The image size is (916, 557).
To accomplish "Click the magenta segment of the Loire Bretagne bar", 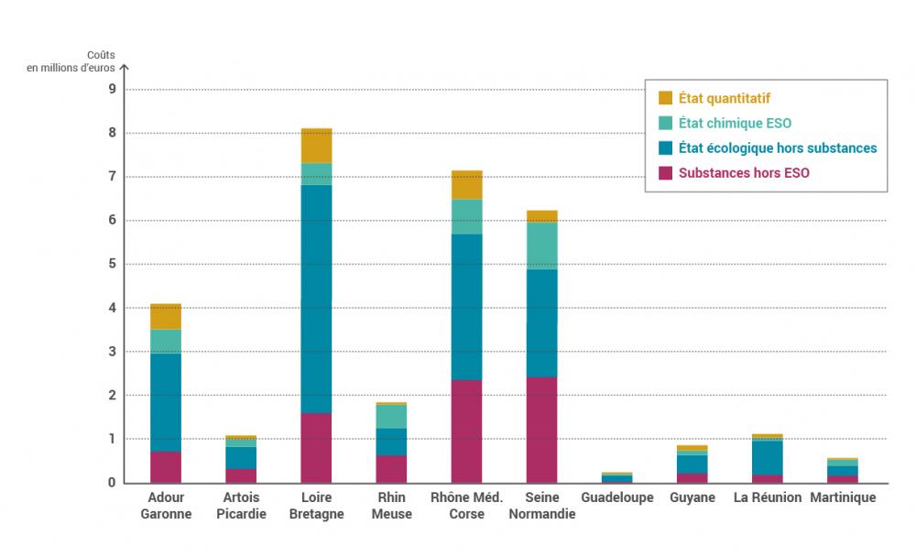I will pos(316,447).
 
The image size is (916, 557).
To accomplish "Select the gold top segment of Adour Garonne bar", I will pos(166,316).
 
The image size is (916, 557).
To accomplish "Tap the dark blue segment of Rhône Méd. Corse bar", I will pos(466,307).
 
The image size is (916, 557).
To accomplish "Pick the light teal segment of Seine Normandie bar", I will pos(541,246).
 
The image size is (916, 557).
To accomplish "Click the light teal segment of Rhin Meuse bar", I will pos(391,416).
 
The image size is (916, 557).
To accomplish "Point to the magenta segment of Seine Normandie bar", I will pos(541,430).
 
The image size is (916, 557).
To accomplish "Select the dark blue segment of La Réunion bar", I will pos(767,457).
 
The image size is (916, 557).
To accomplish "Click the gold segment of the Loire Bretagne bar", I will pos(316,146).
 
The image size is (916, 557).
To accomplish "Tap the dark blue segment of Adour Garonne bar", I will pos(166,402).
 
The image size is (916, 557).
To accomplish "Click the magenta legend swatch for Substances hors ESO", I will pos(666,172).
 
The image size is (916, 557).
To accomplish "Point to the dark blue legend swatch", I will pos(666,147).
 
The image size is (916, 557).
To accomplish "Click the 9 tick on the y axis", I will pos(112,90).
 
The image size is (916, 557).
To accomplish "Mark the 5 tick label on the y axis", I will pos(112,265).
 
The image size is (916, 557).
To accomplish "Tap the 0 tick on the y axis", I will pos(112,483).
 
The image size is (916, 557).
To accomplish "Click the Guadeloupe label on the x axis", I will pos(616,497).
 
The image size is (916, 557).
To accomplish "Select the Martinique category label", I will pos(842,497).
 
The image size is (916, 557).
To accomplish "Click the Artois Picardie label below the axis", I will pos(241,506).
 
